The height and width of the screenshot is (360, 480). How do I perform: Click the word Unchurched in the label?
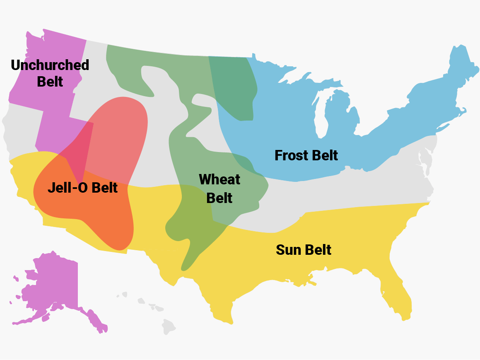[50, 65]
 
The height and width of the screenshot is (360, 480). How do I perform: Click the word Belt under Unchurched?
[50, 81]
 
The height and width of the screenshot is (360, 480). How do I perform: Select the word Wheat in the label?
[219, 179]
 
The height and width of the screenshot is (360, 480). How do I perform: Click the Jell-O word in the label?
[68, 188]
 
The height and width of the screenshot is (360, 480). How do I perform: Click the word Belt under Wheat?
[219, 198]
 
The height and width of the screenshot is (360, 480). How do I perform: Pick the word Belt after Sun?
[318, 250]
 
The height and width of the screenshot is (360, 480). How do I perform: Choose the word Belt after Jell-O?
[104, 188]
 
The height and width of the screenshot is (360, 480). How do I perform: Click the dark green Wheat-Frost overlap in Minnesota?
[234, 87]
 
